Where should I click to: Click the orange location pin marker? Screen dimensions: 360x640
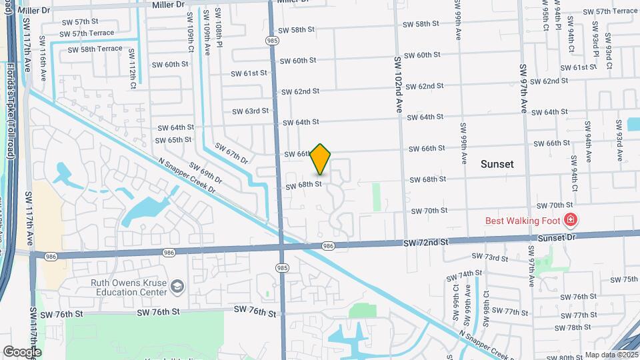click(x=321, y=159)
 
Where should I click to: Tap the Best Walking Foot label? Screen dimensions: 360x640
click(x=522, y=220)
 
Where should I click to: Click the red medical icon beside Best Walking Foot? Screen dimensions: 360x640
click(x=570, y=219)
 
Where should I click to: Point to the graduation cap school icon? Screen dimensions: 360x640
click(x=177, y=287)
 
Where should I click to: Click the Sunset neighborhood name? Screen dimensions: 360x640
click(x=497, y=163)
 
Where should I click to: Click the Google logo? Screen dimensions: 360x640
click(x=22, y=351)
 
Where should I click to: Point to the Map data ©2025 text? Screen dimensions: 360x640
click(x=611, y=355)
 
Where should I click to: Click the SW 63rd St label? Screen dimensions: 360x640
click(x=250, y=111)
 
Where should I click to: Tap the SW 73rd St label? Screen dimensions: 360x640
click(x=491, y=257)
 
